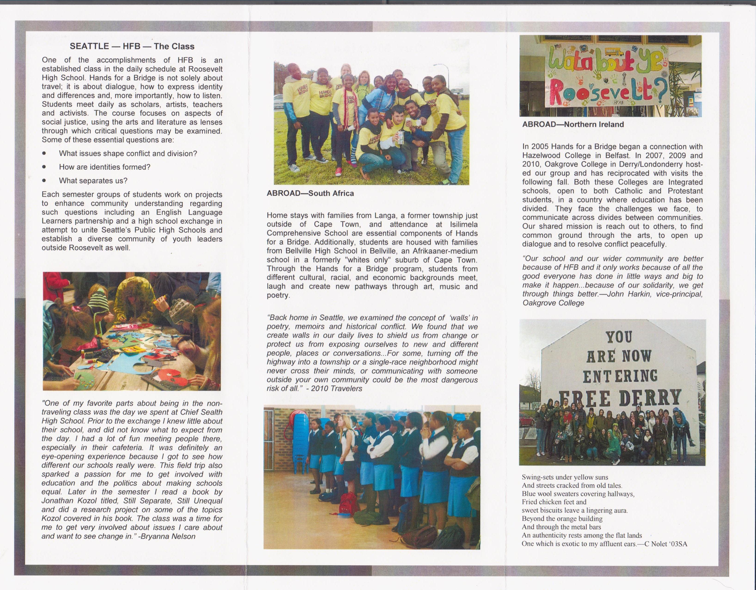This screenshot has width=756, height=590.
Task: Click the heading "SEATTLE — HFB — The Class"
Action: [132, 47]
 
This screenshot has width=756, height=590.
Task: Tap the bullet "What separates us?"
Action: [93, 181]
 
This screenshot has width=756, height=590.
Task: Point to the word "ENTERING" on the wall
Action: [619, 376]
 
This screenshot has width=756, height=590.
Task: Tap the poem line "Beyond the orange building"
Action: [562, 519]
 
